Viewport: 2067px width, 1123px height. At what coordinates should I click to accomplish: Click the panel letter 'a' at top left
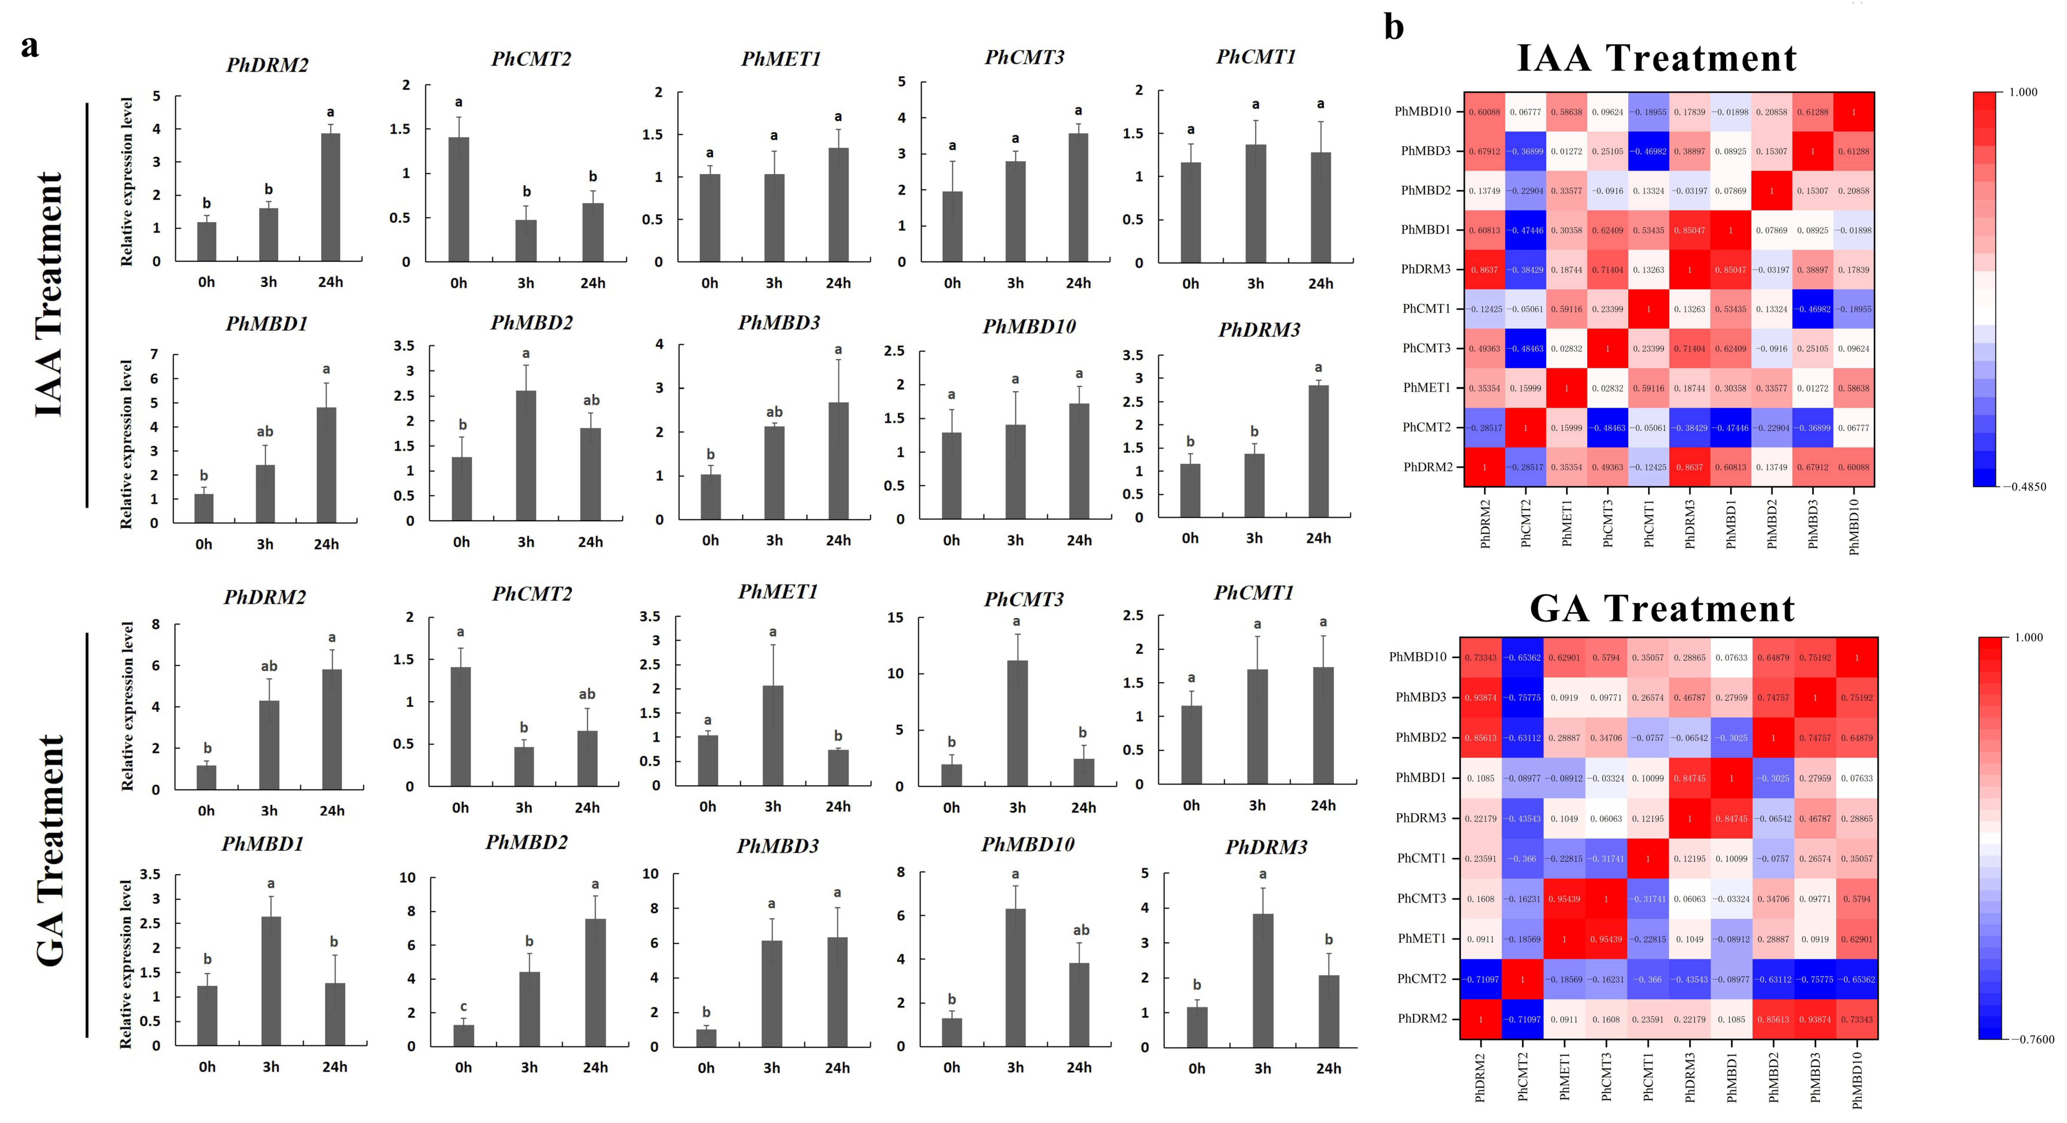30,46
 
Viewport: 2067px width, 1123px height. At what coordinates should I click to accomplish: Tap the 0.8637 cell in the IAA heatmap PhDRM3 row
1485,270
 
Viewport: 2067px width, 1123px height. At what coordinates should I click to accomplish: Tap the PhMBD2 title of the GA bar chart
527,842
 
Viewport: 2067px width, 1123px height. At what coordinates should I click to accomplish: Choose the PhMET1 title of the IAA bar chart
781,59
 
